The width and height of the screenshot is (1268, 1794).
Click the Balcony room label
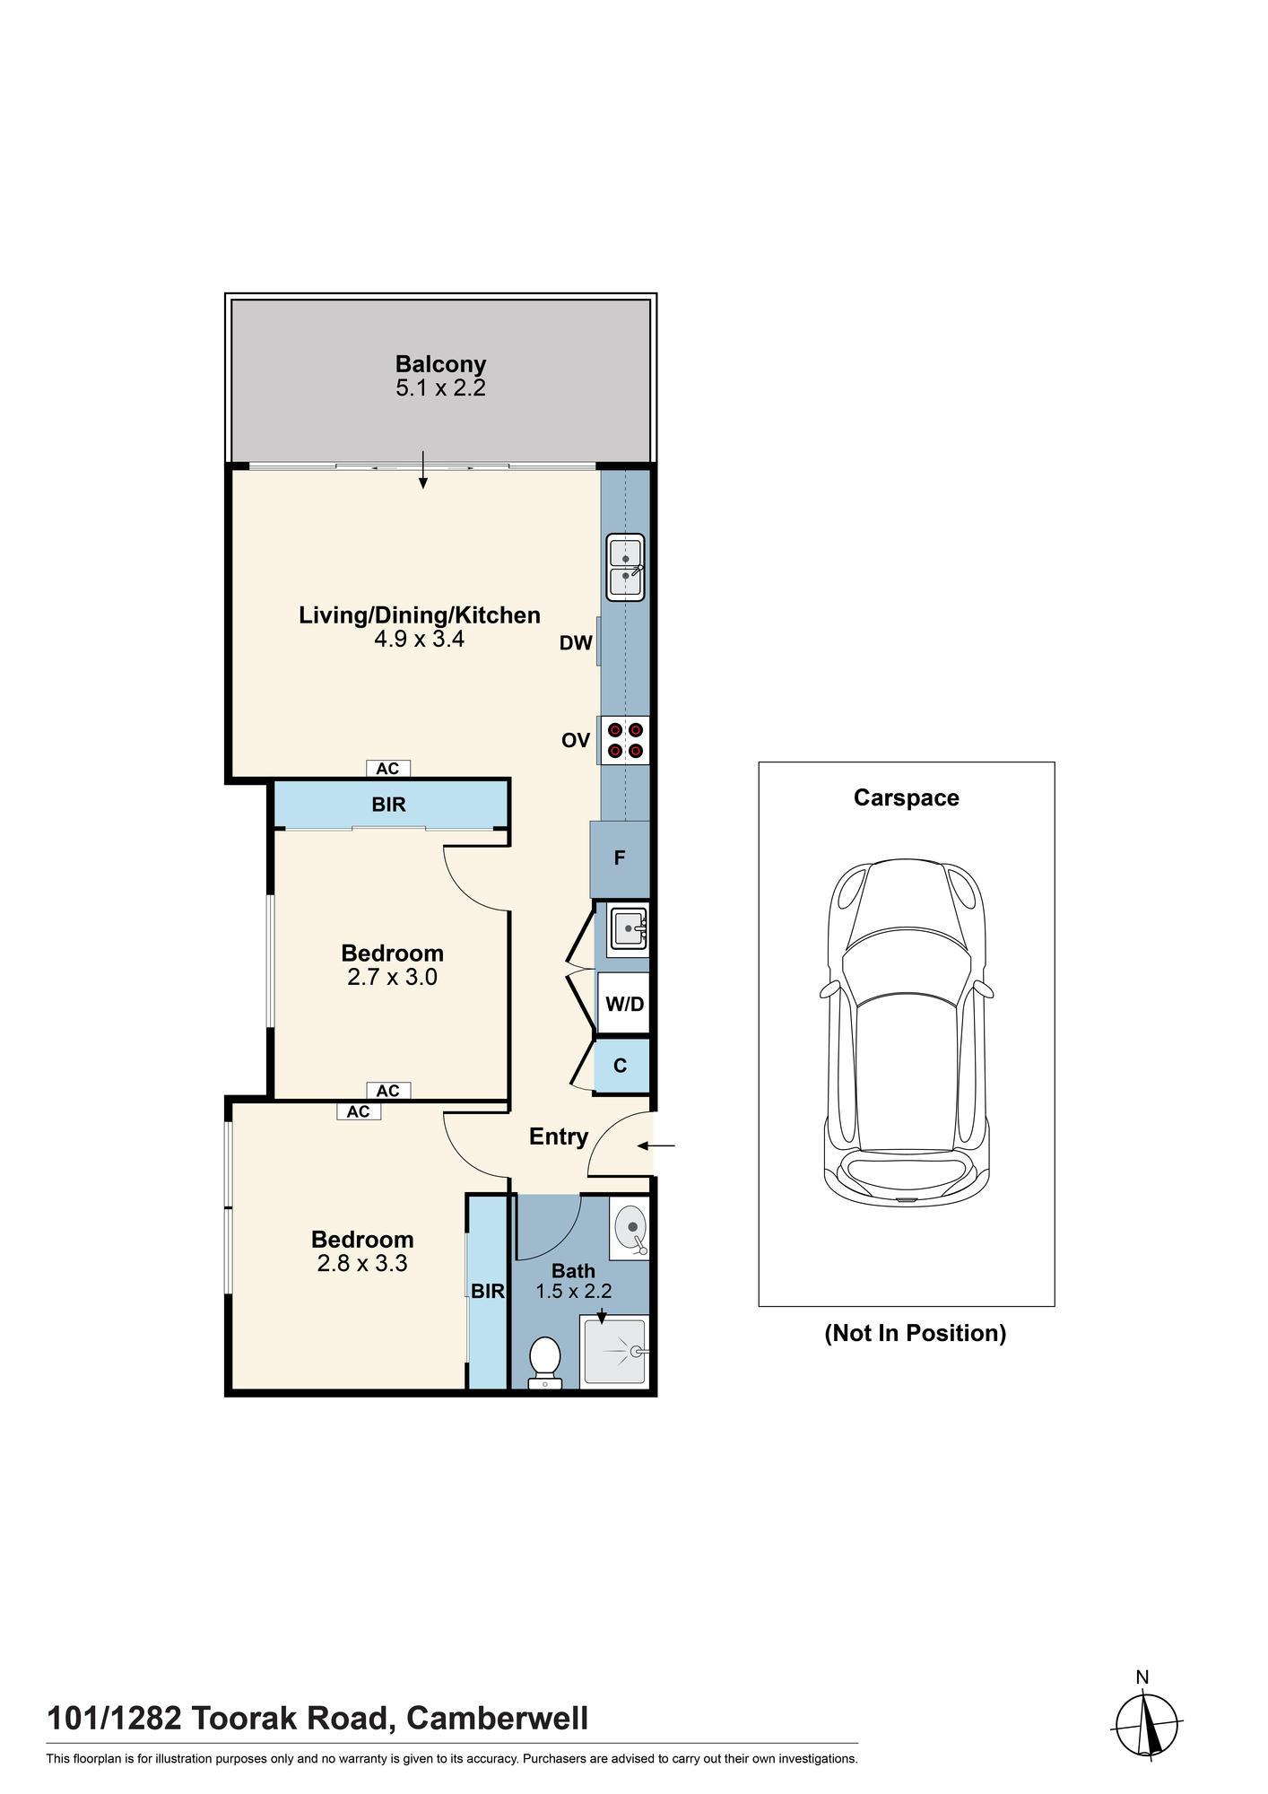(440, 364)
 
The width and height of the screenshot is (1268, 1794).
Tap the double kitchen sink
(625, 567)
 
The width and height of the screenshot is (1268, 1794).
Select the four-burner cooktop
(625, 740)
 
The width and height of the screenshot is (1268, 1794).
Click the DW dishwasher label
(576, 642)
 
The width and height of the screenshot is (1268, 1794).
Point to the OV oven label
(576, 740)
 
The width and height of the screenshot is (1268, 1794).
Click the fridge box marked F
(620, 858)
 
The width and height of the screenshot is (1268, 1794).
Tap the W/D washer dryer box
(624, 1004)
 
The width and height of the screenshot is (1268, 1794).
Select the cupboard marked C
(621, 1066)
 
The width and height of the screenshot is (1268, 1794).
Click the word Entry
(559, 1137)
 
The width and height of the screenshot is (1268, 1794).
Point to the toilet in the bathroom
(545, 1363)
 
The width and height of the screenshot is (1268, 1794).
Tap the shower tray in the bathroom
(614, 1351)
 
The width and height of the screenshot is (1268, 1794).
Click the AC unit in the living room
(387, 769)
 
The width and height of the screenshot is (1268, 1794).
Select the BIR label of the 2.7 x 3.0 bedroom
(389, 805)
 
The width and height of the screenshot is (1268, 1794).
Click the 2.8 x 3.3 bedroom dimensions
(362, 1264)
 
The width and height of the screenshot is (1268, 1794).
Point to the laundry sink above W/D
(629, 928)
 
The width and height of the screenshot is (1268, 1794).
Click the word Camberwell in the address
(498, 1718)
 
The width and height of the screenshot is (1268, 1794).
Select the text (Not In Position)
(916, 1333)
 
